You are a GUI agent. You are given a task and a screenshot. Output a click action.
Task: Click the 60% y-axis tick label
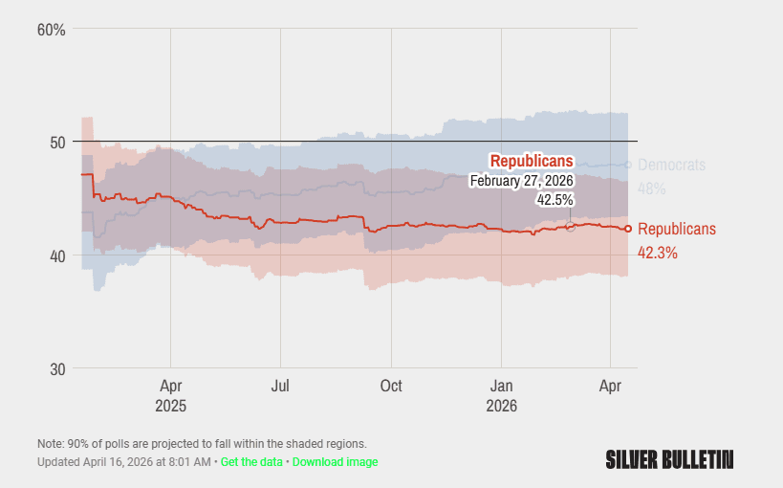click(51, 30)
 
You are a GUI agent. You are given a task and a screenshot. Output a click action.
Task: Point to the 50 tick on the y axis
click(56, 142)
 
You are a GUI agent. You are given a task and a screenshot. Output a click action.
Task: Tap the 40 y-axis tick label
click(56, 255)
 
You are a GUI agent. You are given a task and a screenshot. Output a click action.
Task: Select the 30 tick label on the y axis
click(56, 369)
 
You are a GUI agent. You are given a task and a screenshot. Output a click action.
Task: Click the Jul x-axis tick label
click(280, 387)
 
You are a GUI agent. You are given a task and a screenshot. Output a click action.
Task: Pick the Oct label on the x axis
click(391, 387)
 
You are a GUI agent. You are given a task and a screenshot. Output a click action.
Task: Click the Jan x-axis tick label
click(502, 387)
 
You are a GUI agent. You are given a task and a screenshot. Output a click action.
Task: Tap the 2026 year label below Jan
click(502, 406)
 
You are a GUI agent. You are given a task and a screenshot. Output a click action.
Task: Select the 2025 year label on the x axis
click(170, 406)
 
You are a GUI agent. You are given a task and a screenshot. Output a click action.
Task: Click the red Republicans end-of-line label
click(676, 229)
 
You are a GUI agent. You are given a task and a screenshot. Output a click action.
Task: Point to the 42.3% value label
click(658, 254)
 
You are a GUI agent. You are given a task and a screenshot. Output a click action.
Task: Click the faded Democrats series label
click(671, 165)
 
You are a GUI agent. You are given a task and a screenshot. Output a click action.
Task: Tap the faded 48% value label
click(651, 189)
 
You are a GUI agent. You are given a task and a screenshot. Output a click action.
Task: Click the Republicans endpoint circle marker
click(628, 229)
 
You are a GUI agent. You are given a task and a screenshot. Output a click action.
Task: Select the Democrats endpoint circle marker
click(628, 165)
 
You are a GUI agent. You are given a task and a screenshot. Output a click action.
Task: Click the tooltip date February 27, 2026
click(521, 181)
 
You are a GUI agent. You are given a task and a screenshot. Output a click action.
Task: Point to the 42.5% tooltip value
click(555, 200)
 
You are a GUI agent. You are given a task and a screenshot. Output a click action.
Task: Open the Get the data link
click(251, 462)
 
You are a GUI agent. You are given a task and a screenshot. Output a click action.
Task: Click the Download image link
click(335, 462)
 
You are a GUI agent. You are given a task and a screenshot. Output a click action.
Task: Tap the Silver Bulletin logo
click(669, 459)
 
